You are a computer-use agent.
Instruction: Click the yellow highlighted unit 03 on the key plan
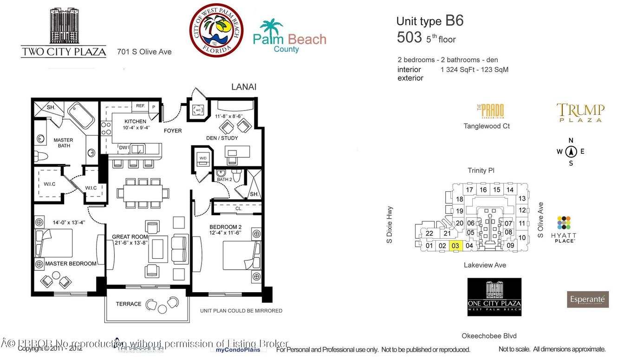tap(455, 246)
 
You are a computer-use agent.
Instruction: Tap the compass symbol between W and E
tap(571, 151)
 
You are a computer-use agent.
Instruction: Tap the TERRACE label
tap(129, 304)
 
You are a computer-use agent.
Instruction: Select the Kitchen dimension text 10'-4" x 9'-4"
tap(135, 128)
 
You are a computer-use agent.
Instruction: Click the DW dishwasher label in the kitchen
tap(123, 147)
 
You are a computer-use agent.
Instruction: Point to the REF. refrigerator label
tap(141, 106)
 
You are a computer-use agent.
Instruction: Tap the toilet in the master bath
tap(40, 157)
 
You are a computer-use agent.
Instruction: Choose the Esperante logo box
tap(587, 299)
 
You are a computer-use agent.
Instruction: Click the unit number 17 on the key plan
tap(469, 190)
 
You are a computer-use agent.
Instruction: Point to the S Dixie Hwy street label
tap(390, 225)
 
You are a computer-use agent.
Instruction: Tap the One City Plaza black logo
tap(494, 297)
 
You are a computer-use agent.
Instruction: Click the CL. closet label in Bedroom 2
tap(239, 209)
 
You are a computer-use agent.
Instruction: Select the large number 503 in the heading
tap(409, 38)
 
